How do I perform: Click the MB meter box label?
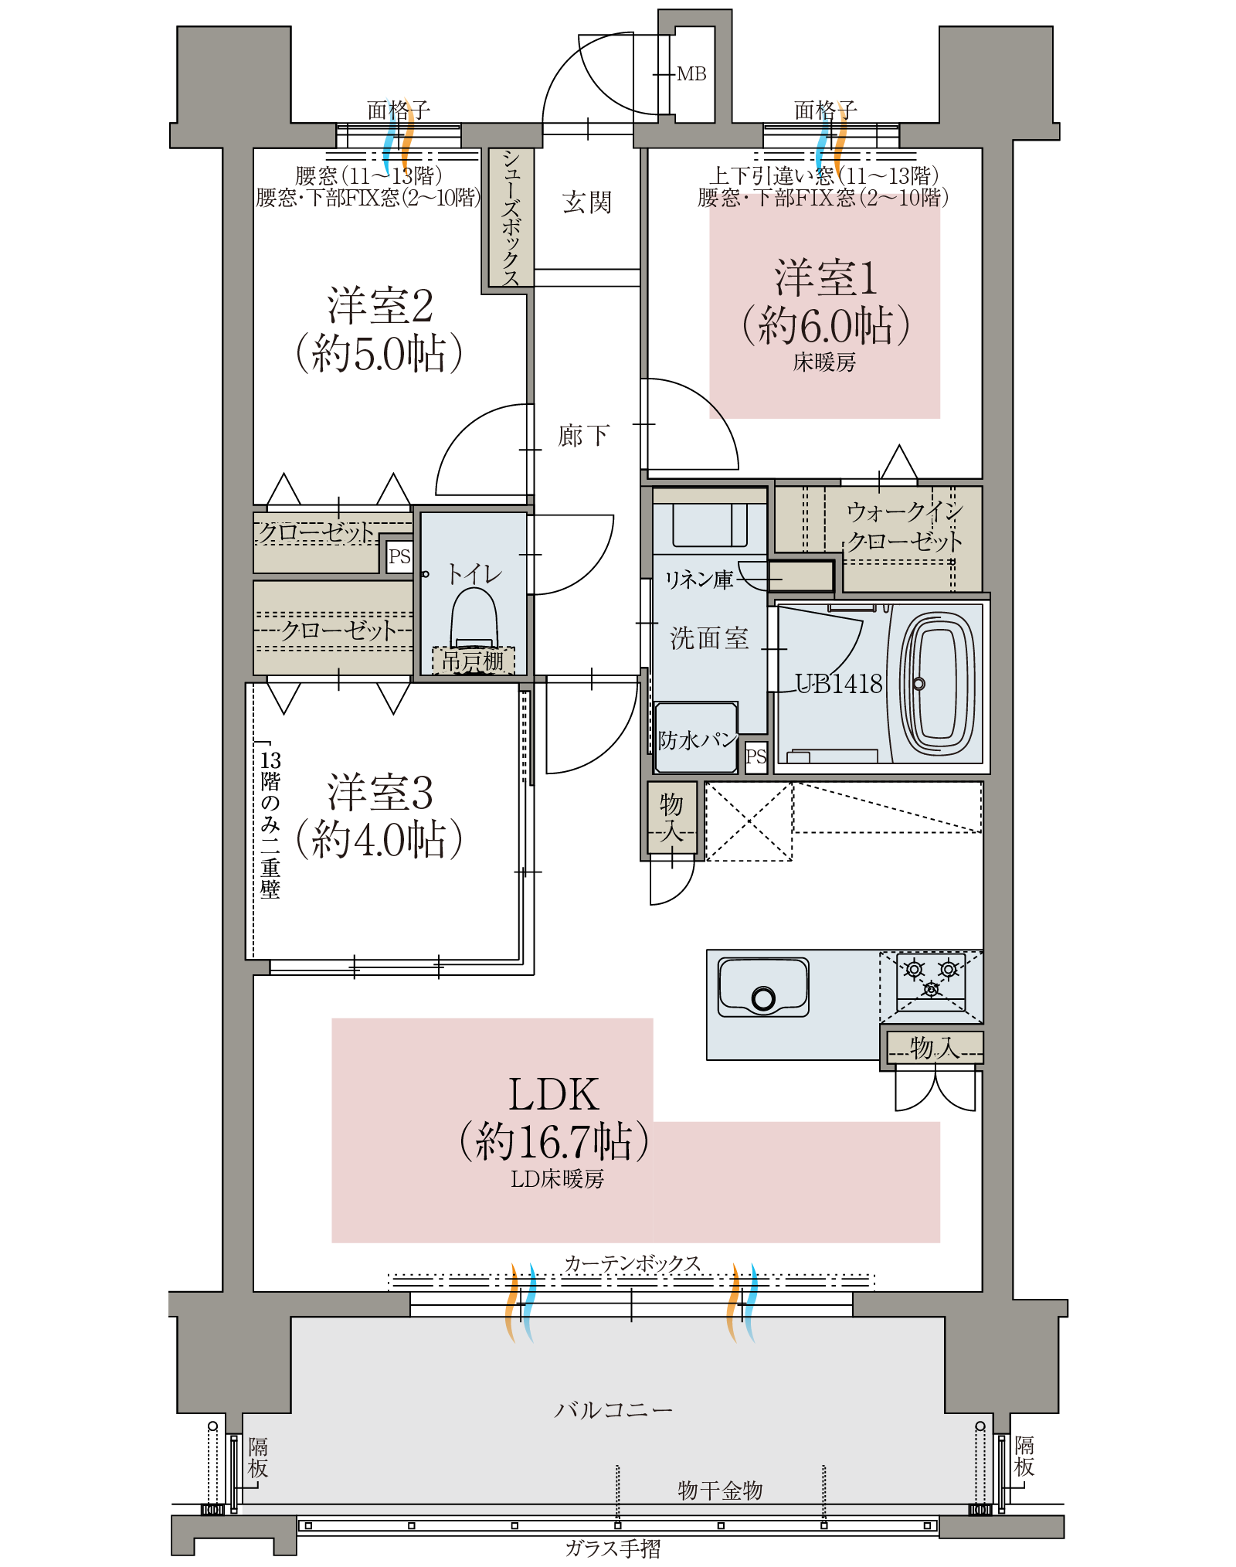click(x=691, y=74)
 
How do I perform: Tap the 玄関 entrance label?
click(x=587, y=202)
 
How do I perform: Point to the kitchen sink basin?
click(x=763, y=987)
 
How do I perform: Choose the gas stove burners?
click(x=931, y=977)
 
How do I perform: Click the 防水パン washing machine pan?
click(x=696, y=737)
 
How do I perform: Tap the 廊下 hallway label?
click(x=584, y=436)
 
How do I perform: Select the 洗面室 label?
click(x=709, y=638)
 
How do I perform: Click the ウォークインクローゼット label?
click(x=905, y=526)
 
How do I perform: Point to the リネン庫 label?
click(x=699, y=580)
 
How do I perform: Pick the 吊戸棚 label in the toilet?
click(x=473, y=661)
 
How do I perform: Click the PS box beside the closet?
click(x=399, y=556)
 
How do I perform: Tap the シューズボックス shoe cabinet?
click(x=511, y=217)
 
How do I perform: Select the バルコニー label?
click(x=613, y=1410)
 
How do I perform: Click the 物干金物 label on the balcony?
click(x=720, y=1491)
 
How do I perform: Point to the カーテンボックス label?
click(x=633, y=1263)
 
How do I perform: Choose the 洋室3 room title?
click(x=380, y=792)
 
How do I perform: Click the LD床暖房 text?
click(x=557, y=1179)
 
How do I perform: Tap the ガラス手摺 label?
click(x=613, y=1548)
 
